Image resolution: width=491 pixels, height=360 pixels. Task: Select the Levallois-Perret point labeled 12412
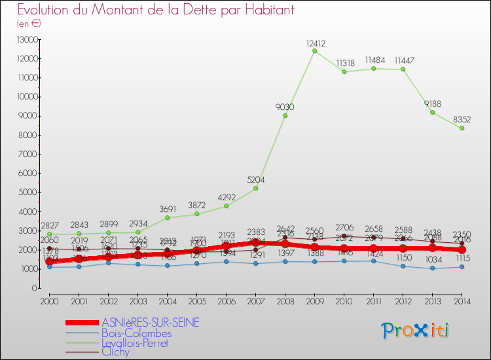click(x=314, y=51)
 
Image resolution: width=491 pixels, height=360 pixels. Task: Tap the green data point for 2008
click(x=285, y=116)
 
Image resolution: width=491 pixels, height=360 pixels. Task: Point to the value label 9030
click(x=285, y=107)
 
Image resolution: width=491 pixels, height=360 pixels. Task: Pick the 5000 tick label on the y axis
click(x=28, y=192)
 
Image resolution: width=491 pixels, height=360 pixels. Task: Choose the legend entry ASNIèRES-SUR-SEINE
click(x=151, y=322)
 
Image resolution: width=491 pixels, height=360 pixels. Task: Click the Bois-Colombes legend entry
click(x=136, y=333)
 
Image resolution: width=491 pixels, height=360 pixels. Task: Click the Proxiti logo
click(x=416, y=330)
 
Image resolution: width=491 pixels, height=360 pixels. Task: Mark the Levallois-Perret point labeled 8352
click(x=462, y=128)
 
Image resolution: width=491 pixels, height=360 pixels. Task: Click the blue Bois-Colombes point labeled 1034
click(x=432, y=268)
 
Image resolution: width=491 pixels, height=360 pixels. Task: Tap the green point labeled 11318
click(x=344, y=72)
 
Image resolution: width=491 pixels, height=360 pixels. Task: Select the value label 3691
click(x=167, y=209)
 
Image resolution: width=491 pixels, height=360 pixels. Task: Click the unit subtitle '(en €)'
click(x=29, y=23)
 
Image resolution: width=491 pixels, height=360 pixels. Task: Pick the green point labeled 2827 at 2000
click(x=49, y=234)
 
